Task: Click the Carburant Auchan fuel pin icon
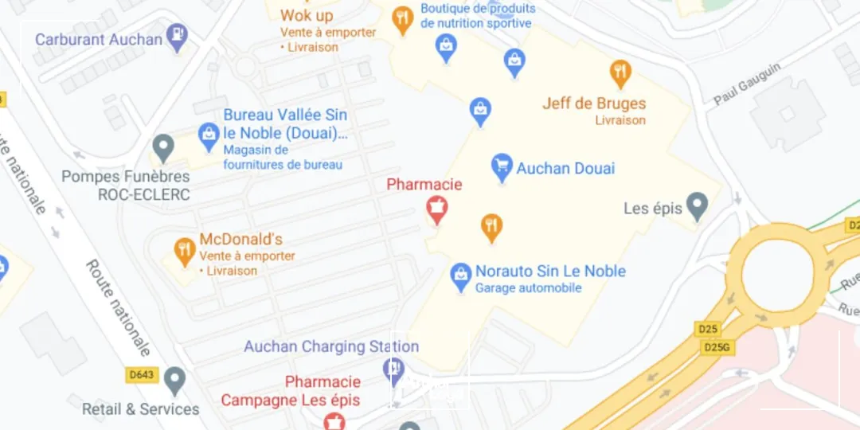tap(178, 37)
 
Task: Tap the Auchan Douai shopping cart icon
tap(502, 166)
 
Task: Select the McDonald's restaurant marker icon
tap(185, 251)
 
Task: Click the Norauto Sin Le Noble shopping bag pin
tap(460, 276)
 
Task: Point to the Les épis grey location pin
tap(698, 205)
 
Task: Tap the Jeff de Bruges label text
tap(594, 104)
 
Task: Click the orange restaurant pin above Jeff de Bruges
tap(620, 73)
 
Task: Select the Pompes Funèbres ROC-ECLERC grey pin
tap(163, 147)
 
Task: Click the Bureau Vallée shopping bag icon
tap(209, 135)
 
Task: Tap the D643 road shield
tap(143, 374)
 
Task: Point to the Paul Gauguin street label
tap(747, 84)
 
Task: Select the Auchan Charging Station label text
tap(331, 346)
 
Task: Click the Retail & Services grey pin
tap(174, 381)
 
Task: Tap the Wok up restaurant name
tap(307, 15)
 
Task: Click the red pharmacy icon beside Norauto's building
tap(436, 209)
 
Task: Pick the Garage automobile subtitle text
tap(529, 288)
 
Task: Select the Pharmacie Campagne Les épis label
tap(291, 391)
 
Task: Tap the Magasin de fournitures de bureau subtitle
tap(283, 157)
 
